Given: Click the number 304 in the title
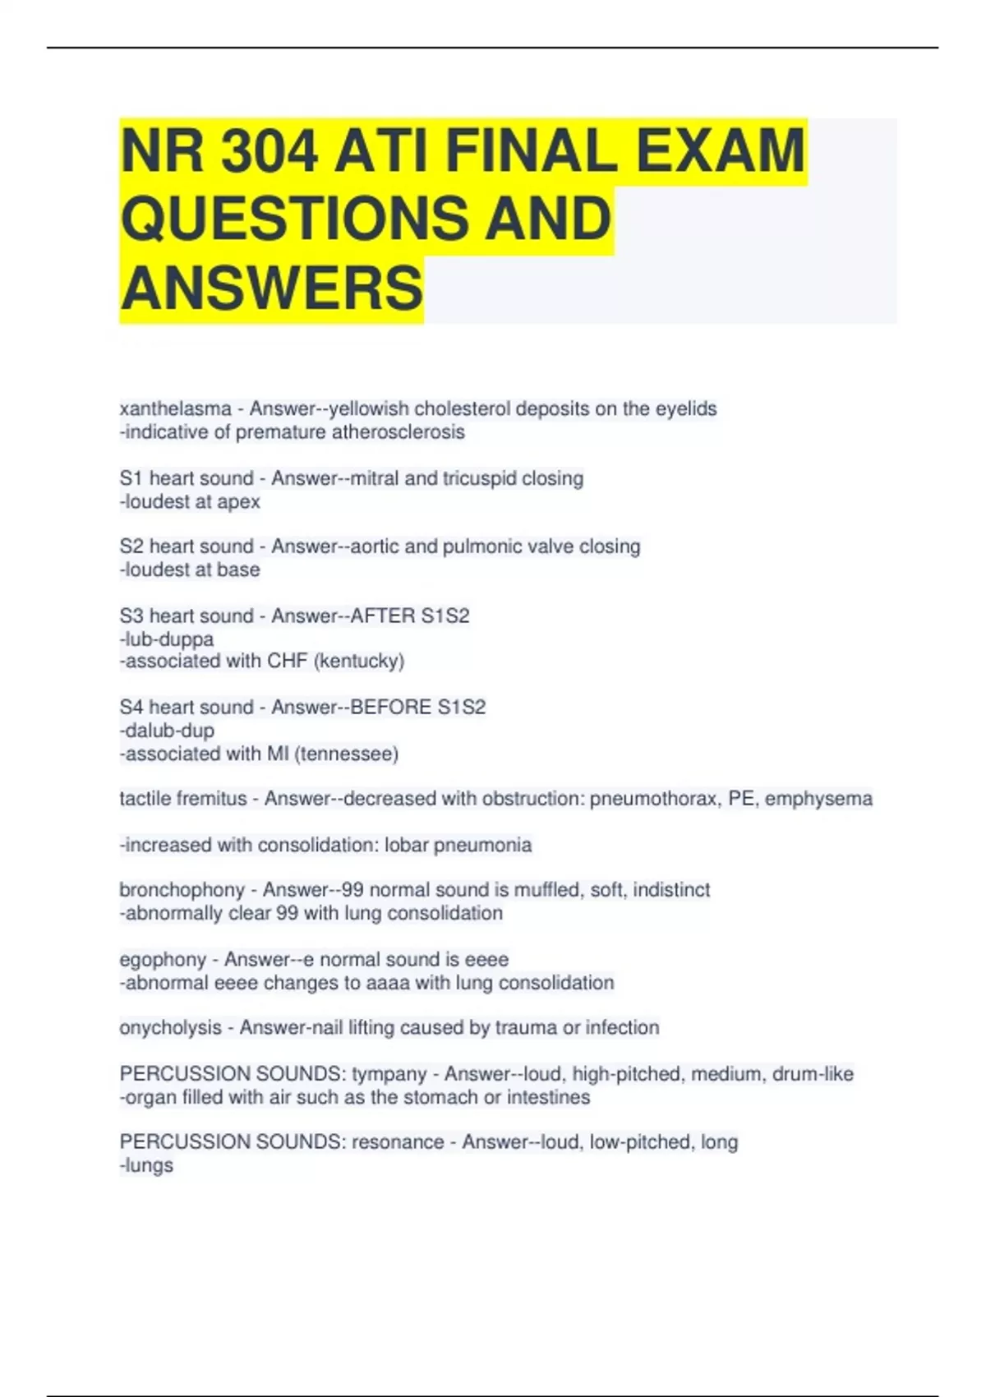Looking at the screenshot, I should pyautogui.click(x=269, y=151).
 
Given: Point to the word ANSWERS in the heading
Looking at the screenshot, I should pyautogui.click(x=271, y=288).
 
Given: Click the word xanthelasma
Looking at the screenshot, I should pyautogui.click(x=175, y=408).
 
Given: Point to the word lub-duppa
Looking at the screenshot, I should pyautogui.click(x=168, y=639).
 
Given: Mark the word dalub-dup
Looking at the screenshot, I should pyautogui.click(x=168, y=731).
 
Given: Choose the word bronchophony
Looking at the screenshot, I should pyautogui.click(x=182, y=890).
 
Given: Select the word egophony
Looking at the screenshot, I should pyautogui.click(x=163, y=960).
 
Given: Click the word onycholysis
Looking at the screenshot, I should pyautogui.click(x=170, y=1028).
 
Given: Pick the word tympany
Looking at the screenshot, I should pyautogui.click(x=389, y=1074).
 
